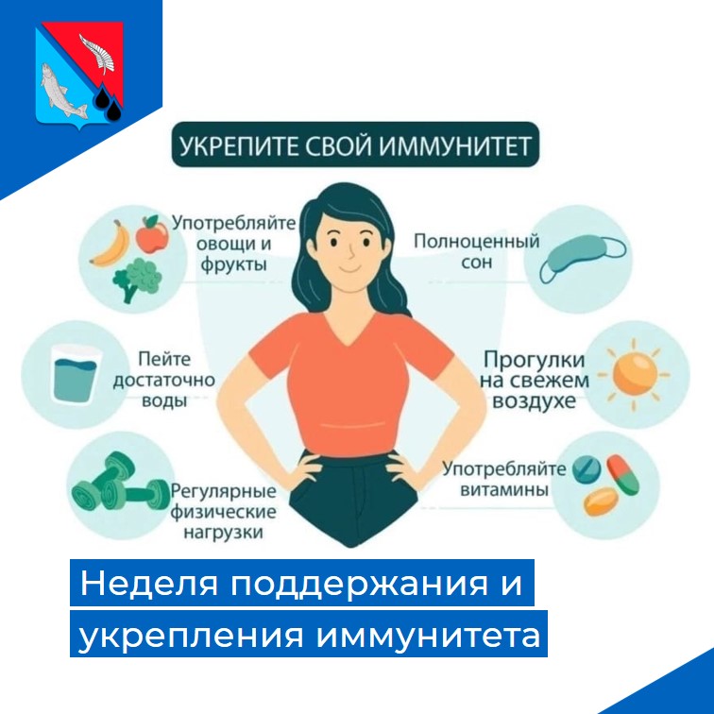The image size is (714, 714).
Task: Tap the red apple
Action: pos(152,234)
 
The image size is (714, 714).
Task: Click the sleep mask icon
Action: pos(582,258)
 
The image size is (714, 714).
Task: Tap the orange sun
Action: pos(635,374)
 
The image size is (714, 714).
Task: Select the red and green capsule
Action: pos(623,474)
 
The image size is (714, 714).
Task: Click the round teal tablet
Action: pos(586,470)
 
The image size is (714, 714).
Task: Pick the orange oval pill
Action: pos(601,501)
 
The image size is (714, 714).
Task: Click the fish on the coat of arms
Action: pos(61,91)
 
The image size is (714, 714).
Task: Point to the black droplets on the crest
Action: pos(109,103)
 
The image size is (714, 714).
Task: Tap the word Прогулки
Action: pos(534,360)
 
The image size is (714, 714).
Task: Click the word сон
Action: pos(477,263)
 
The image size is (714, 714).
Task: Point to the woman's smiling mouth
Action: pos(348,268)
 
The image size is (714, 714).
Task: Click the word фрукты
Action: pos(233,264)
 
